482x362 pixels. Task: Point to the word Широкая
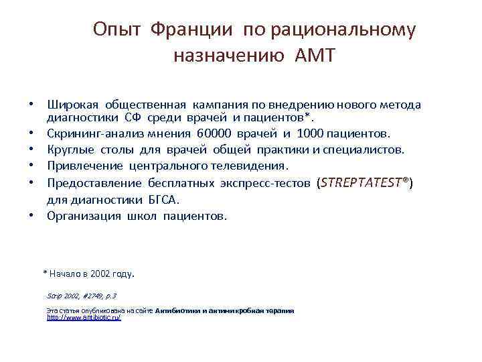click(73, 105)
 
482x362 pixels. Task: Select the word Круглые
click(70, 149)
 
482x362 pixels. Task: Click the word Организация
click(84, 216)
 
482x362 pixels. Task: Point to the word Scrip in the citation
click(54, 295)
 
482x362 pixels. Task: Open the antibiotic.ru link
click(84, 317)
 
